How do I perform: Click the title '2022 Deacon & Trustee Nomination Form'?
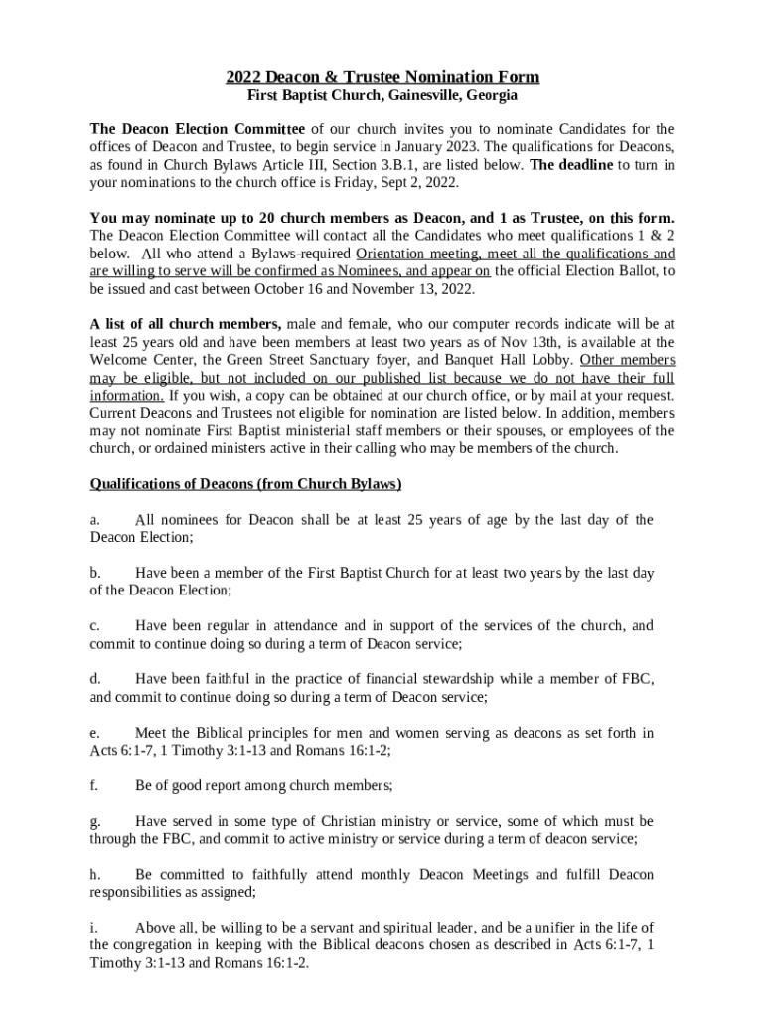coord(382,77)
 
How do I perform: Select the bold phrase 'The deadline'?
coord(571,165)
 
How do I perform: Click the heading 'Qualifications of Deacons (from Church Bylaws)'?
coord(245,484)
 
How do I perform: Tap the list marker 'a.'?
coord(95,520)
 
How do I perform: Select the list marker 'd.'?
coord(95,679)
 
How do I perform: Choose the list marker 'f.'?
coord(94,785)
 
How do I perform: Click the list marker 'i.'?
coord(93,928)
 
